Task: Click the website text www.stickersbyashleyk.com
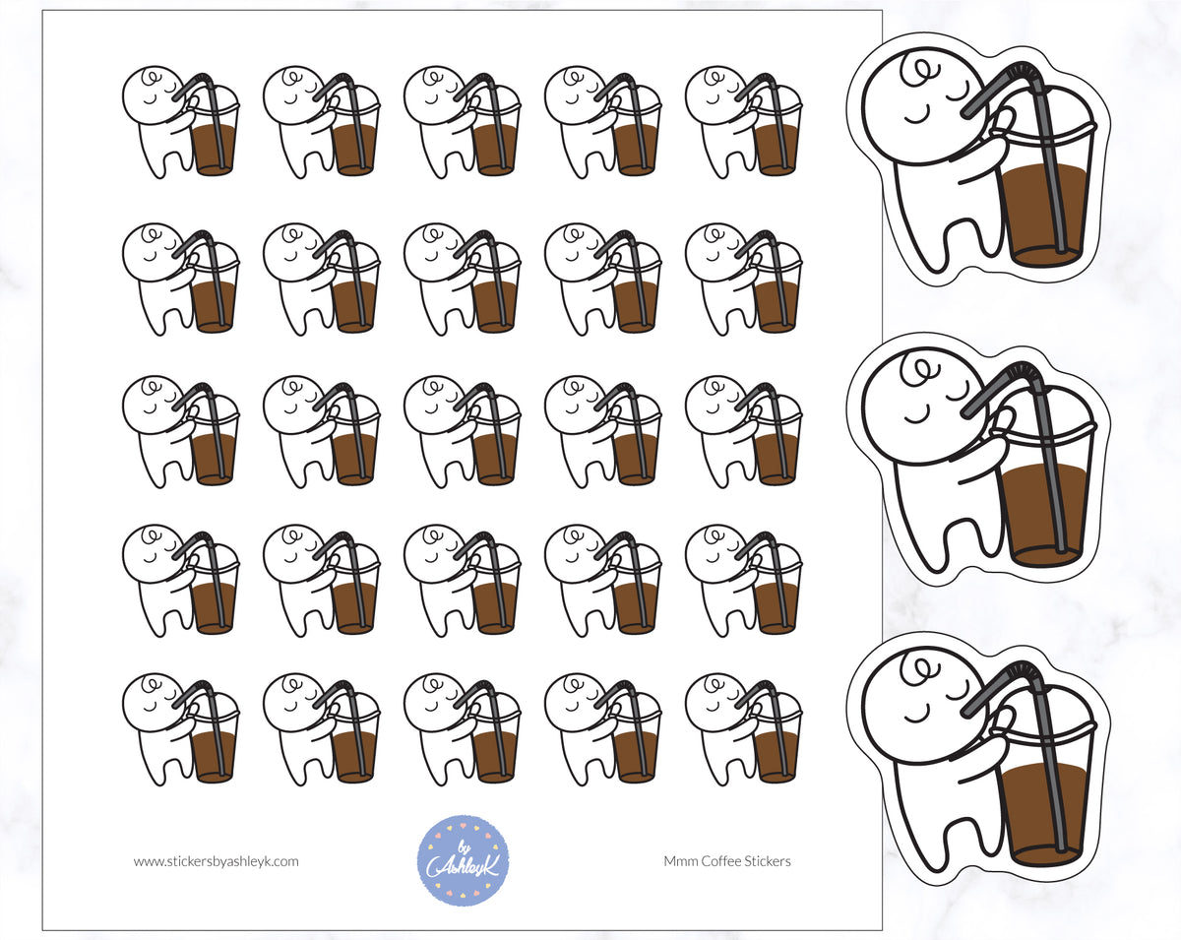(217, 861)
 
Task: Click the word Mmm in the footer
(679, 861)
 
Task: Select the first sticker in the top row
(180, 122)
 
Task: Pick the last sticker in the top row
(743, 122)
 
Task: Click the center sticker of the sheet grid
(462, 431)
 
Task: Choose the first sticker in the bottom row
(180, 729)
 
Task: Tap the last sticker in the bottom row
(743, 729)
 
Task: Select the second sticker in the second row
(321, 279)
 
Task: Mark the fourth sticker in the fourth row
(602, 580)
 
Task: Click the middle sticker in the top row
(462, 122)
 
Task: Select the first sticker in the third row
(180, 431)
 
